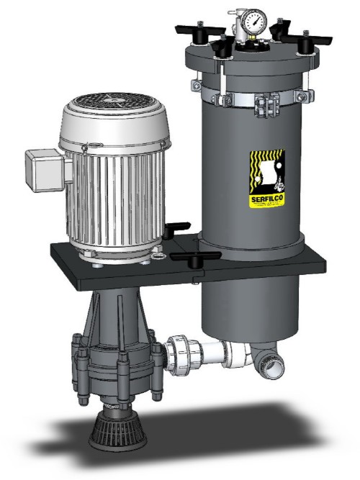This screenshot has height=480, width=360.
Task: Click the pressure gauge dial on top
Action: (x=253, y=20)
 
